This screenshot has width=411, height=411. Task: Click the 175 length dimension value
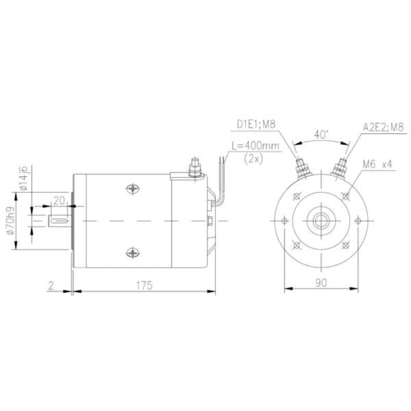pyautogui.click(x=144, y=285)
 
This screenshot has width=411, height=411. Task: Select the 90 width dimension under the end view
pyautogui.click(x=321, y=283)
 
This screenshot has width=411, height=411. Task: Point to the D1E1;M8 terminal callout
pyautogui.click(x=256, y=124)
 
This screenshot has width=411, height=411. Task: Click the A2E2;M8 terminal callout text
pyautogui.click(x=383, y=127)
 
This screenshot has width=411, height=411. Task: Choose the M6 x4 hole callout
pyautogui.click(x=377, y=164)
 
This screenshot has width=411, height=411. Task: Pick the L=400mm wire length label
pyautogui.click(x=255, y=146)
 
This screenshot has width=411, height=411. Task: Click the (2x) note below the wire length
pyautogui.click(x=253, y=159)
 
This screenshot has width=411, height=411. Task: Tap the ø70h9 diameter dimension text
pyautogui.click(x=10, y=221)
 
